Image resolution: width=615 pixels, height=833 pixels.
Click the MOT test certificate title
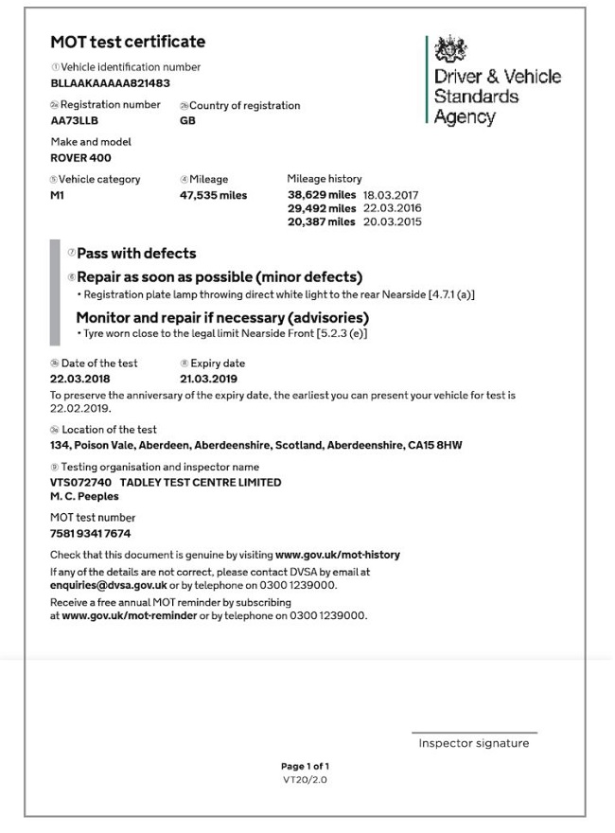pos(128,42)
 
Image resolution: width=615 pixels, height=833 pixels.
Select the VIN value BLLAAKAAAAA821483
pos(110,83)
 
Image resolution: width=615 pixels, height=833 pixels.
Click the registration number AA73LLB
pos(74,121)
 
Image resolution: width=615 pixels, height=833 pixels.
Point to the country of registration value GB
pos(187,121)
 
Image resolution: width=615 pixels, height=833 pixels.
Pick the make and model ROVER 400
pos(80,158)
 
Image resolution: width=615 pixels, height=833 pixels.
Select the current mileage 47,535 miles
pos(213,195)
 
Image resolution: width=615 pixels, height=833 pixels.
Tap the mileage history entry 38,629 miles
pos(322,194)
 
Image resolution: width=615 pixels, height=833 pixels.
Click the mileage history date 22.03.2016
pos(392,208)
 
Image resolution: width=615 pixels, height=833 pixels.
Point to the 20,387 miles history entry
pos(322,222)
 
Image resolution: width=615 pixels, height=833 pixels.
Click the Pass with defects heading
pos(136,254)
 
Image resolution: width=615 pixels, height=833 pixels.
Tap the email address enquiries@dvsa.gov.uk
pos(108,585)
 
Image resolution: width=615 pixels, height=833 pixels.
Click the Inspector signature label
pos(474,744)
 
